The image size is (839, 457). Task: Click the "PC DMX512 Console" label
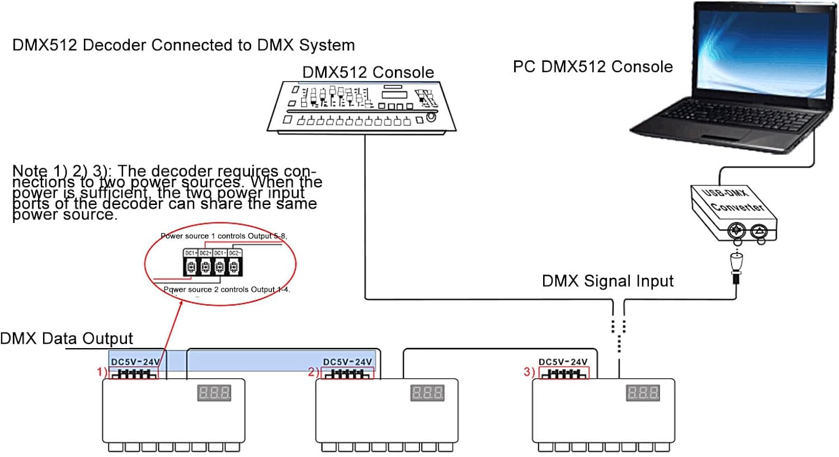pos(592,67)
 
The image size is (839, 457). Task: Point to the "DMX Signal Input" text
pos(607,281)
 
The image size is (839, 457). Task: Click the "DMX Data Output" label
pos(67,339)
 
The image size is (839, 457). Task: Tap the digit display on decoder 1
pos(214,393)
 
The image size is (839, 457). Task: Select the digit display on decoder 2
pos(427,393)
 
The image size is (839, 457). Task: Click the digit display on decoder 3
pos(643,393)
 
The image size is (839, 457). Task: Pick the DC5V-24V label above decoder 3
pos(563,362)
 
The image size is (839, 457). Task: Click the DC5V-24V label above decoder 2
pos(347,362)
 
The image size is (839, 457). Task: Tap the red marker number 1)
pos(102,372)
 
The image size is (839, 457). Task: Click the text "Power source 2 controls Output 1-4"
pos(227,289)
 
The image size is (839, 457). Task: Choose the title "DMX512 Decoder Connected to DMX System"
pos(183,45)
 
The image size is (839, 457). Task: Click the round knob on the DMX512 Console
pos(431,117)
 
